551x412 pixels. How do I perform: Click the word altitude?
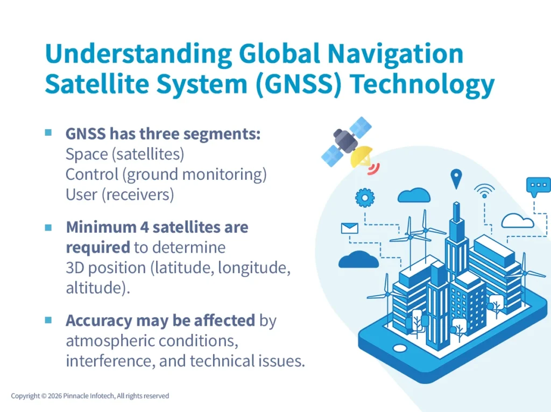(94, 287)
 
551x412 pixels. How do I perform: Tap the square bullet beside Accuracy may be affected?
(48, 320)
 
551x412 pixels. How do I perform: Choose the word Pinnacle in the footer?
(82, 396)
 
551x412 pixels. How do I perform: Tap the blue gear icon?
(365, 198)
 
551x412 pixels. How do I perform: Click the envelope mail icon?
(349, 228)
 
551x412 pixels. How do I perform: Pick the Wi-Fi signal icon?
(484, 191)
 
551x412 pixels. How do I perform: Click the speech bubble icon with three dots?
(538, 186)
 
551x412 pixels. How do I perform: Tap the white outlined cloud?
(517, 220)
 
